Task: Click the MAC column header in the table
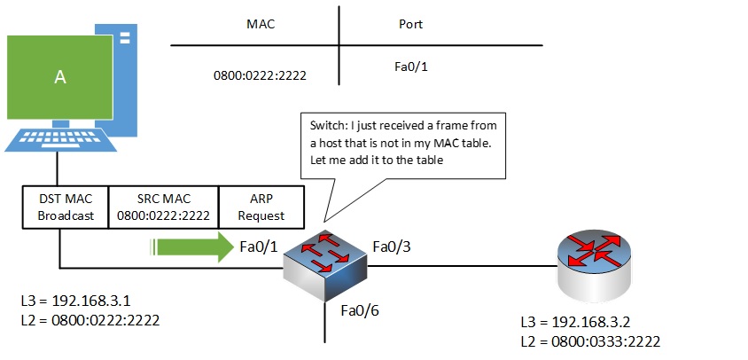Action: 260,24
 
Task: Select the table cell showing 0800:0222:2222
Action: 260,75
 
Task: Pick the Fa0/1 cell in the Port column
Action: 409,66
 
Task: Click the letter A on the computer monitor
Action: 60,77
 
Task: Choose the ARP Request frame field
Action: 261,207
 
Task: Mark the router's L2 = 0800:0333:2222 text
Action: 592,340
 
